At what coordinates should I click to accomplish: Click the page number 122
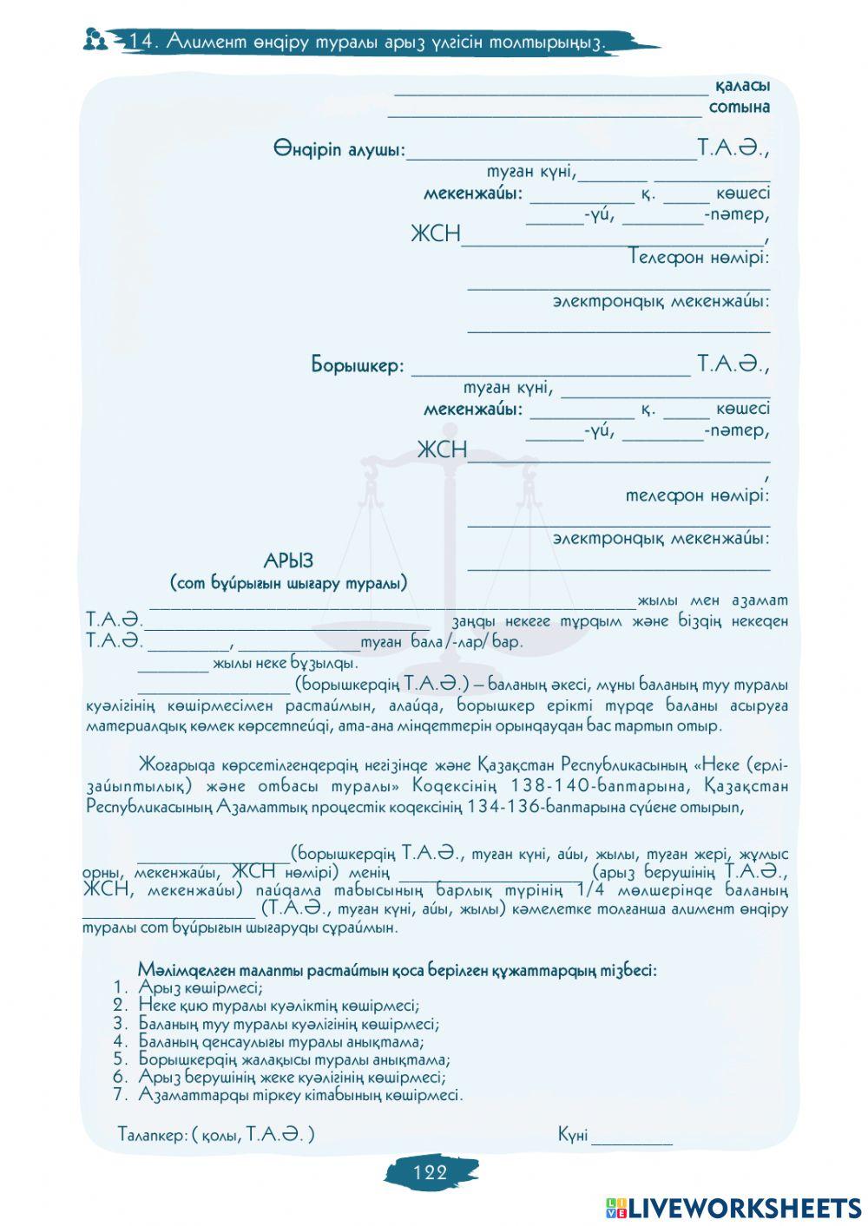point(431,1173)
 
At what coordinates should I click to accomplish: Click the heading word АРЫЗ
point(288,561)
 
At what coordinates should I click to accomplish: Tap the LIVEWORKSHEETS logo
point(733,1207)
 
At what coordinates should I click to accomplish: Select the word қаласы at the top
point(742,87)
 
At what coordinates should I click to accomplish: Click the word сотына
point(739,108)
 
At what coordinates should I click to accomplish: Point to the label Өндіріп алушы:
point(339,150)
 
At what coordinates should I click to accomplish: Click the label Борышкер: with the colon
point(358,365)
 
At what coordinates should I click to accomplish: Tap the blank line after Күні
point(631,1137)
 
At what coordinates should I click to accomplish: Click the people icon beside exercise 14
point(96,39)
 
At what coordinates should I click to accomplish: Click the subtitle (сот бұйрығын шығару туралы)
point(288,583)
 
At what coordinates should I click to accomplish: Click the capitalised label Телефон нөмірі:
point(699,257)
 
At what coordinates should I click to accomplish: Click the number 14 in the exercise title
point(141,41)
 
